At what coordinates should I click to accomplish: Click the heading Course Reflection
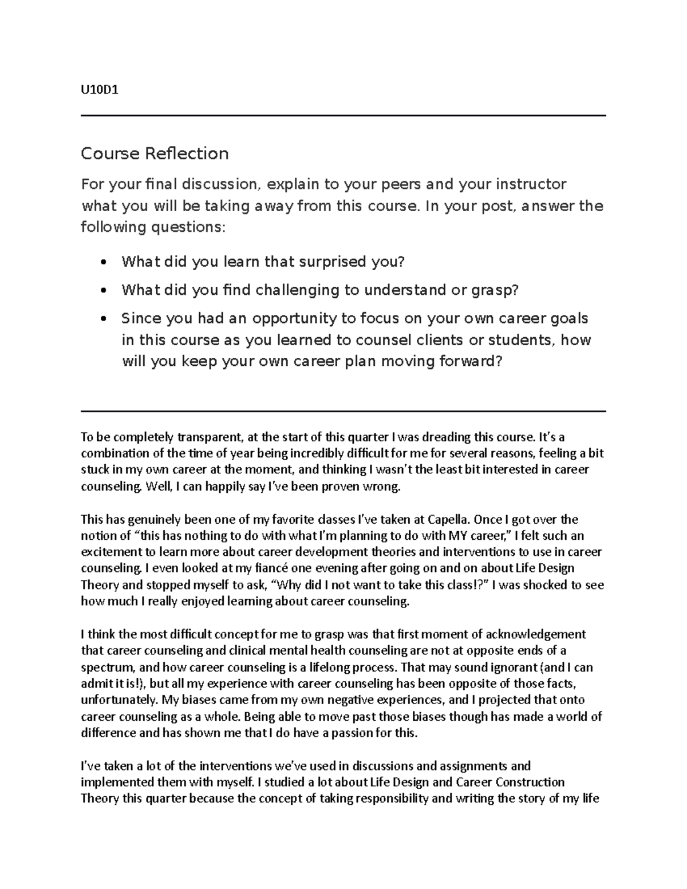(155, 153)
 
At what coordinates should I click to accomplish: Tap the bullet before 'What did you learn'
(103, 263)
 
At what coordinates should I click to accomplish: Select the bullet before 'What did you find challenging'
(103, 291)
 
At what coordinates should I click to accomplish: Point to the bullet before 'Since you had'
(103, 319)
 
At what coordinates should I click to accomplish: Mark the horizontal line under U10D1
(343, 116)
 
